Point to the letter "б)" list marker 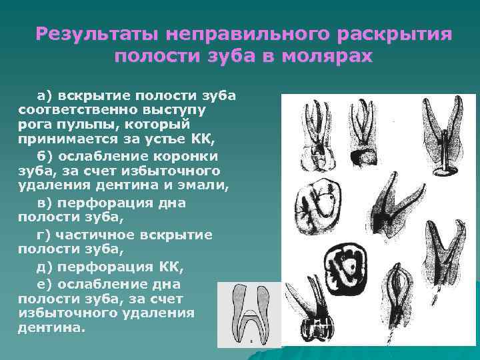tap(44, 155)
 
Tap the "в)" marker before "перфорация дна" tap(44, 203)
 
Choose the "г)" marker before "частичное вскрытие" tap(44, 235)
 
